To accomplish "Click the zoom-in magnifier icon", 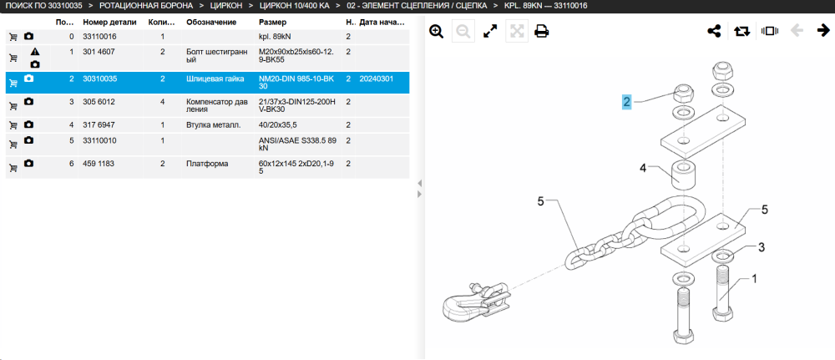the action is point(436,32).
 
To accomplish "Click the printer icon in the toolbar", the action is point(542,32).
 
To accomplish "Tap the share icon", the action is point(714,32).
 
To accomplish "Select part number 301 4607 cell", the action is point(99,52).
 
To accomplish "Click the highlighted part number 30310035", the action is point(99,79).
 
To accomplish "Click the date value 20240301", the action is point(377,79).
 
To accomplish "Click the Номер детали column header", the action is point(109,23).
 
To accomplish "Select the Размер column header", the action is point(273,23).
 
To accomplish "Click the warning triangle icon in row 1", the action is point(35,52).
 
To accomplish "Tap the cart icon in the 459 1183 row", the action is point(13,168).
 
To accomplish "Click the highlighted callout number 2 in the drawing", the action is point(627,102).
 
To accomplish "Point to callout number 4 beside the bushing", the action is point(643,169).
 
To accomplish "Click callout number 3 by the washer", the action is point(762,247).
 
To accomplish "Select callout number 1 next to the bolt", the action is point(753,278).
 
